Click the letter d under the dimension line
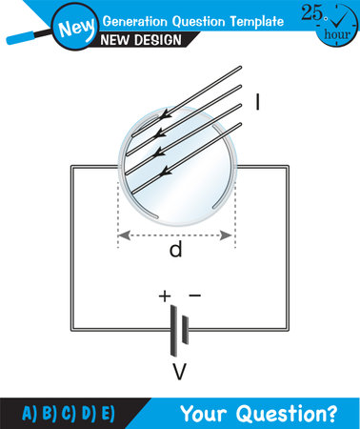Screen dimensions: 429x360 pos(175,251)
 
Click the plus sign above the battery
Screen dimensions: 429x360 pos(165,296)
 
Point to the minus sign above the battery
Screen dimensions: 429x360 pos(194,296)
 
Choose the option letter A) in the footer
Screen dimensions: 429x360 pos(30,413)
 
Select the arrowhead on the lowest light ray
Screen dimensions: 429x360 pos(168,172)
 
